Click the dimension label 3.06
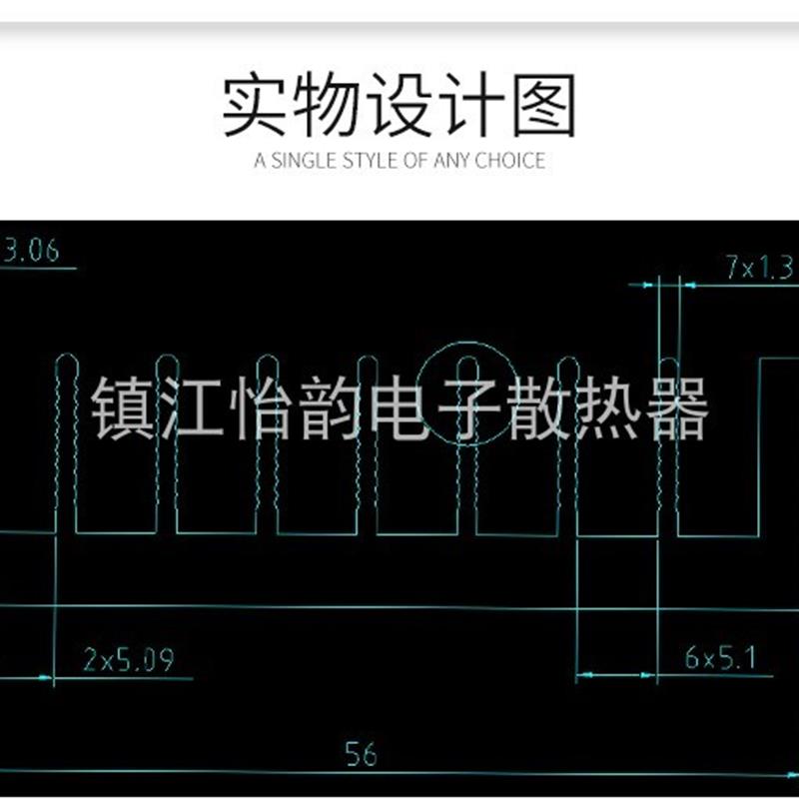tap(31, 250)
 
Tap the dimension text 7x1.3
tap(760, 268)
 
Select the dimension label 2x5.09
tap(129, 660)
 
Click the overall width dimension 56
tap(360, 753)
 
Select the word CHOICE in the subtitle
tap(510, 160)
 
